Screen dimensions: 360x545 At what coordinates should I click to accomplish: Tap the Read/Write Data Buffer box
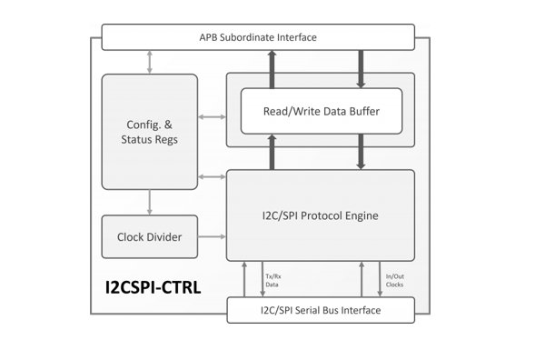tap(321, 111)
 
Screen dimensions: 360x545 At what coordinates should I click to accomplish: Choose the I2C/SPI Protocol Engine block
tap(320, 215)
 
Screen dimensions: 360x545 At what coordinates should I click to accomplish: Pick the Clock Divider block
tap(149, 237)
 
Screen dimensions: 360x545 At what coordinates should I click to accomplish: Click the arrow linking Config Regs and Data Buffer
tap(211, 117)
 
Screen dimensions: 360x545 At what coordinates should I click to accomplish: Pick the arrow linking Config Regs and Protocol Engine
tap(211, 175)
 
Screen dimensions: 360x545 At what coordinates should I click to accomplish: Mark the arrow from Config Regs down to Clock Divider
tap(149, 202)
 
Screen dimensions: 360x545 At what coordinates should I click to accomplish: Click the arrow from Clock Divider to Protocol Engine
tap(211, 237)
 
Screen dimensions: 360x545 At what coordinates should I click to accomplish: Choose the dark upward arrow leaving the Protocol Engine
tap(271, 151)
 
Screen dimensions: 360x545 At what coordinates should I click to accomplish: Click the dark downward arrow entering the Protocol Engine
tap(361, 151)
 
